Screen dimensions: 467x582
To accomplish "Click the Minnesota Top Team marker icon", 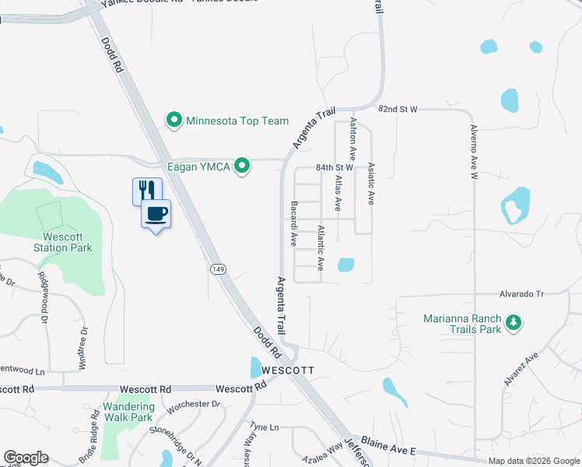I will pyautogui.click(x=174, y=120).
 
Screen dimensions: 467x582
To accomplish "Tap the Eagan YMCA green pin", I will pyautogui.click(x=243, y=165).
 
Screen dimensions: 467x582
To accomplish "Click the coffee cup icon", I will pyautogui.click(x=156, y=213).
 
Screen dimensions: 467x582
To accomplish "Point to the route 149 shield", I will pyautogui.click(x=219, y=269).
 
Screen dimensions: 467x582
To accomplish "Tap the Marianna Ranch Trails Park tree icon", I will pyautogui.click(x=513, y=321).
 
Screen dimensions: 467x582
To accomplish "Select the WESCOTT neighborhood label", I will pyautogui.click(x=288, y=370).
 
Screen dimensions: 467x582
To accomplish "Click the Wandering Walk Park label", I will pyautogui.click(x=128, y=412).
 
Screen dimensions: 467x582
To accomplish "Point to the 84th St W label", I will pyautogui.click(x=335, y=167).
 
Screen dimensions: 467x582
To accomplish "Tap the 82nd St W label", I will pyautogui.click(x=398, y=110).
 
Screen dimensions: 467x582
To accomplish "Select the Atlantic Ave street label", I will pyautogui.click(x=321, y=248).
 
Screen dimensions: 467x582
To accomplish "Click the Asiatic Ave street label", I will pyautogui.click(x=371, y=184).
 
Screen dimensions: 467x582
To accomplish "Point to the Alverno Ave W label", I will pyautogui.click(x=472, y=152).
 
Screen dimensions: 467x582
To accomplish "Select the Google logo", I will pyautogui.click(x=26, y=458).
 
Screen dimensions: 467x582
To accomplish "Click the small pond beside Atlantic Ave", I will pyautogui.click(x=345, y=265).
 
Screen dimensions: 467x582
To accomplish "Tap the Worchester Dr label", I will pyautogui.click(x=195, y=404).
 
